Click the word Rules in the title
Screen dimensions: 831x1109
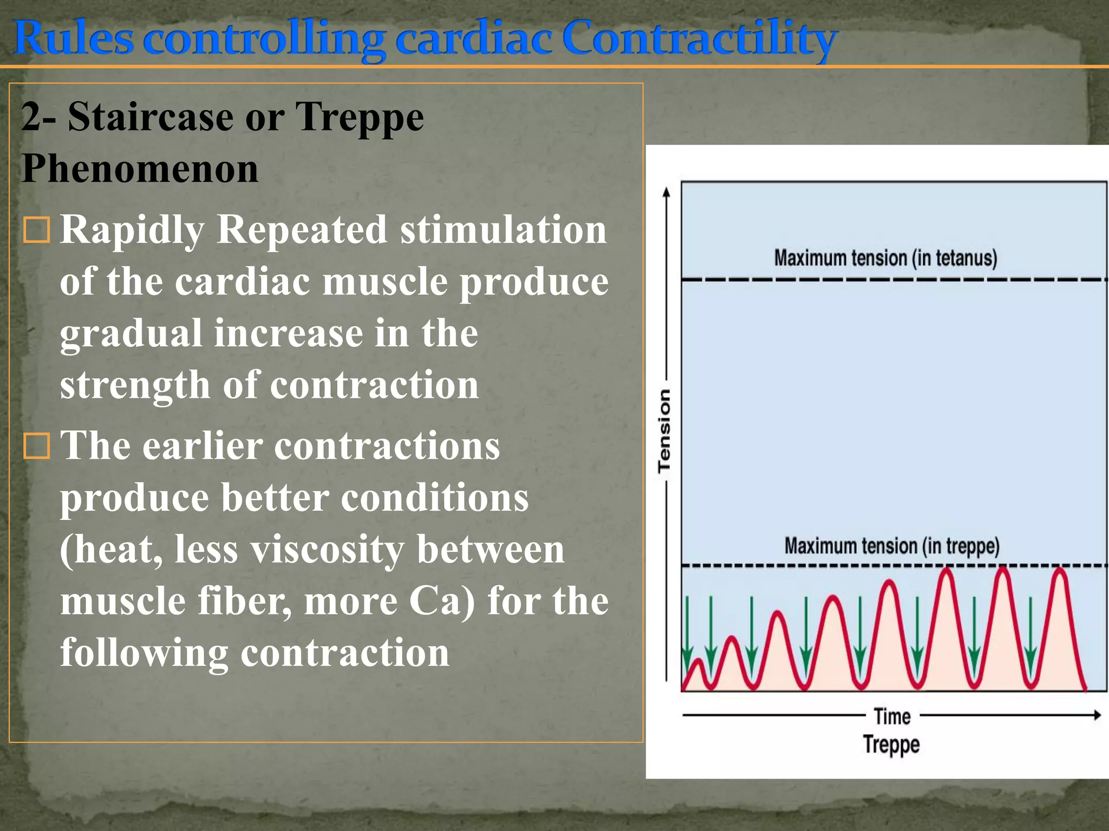73,38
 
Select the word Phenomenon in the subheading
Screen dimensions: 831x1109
140,169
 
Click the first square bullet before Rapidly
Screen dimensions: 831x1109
37,230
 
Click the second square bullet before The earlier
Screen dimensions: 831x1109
37,446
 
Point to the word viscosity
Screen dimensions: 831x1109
327,550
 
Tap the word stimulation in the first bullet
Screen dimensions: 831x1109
503,229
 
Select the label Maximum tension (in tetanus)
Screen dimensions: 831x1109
885,258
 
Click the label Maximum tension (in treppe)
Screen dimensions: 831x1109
892,546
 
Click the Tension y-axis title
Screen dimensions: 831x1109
664,431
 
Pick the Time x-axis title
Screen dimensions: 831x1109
892,716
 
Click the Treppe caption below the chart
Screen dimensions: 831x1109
891,744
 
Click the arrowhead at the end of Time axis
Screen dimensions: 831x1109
1097,715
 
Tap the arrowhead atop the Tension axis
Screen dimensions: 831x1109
667,192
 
